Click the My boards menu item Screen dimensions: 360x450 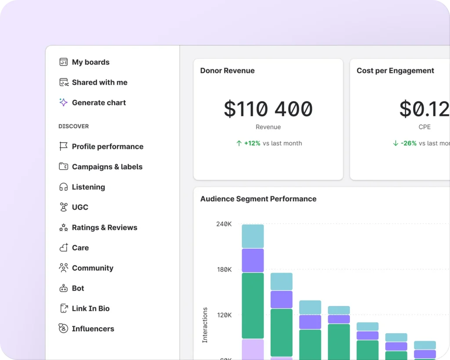click(x=91, y=62)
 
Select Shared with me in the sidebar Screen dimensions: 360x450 click(x=99, y=82)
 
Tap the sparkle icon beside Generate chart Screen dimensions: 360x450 click(x=63, y=102)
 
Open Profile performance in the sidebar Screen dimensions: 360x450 click(x=107, y=146)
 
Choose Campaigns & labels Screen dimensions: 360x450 click(x=107, y=167)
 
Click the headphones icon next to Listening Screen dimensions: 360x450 click(x=63, y=187)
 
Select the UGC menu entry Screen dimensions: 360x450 click(x=80, y=207)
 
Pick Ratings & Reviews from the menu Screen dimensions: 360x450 click(x=104, y=227)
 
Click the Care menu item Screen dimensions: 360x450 click(x=80, y=247)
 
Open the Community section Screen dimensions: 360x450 click(x=92, y=268)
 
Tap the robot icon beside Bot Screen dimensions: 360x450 click(x=63, y=288)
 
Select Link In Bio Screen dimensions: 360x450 click(x=91, y=308)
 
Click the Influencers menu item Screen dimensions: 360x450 click(x=93, y=328)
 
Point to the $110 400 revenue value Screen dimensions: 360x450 click(x=268, y=109)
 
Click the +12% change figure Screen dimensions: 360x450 click(x=252, y=143)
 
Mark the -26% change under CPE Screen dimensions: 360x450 click(x=408, y=143)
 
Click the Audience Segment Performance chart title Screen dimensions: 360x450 click(x=258, y=199)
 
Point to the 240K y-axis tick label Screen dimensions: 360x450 click(x=224, y=224)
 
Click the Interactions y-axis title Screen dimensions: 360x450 click(x=205, y=325)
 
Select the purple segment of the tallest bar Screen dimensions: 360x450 click(x=253, y=260)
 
